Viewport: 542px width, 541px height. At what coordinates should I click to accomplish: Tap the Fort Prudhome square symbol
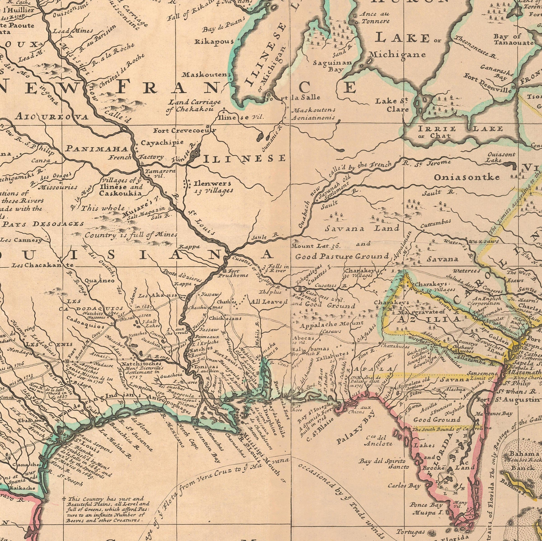[224, 271]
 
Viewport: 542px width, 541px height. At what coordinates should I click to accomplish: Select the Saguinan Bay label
[333, 66]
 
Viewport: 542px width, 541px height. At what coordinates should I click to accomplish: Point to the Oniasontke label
[467, 177]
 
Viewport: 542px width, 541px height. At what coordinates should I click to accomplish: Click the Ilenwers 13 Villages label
[213, 187]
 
